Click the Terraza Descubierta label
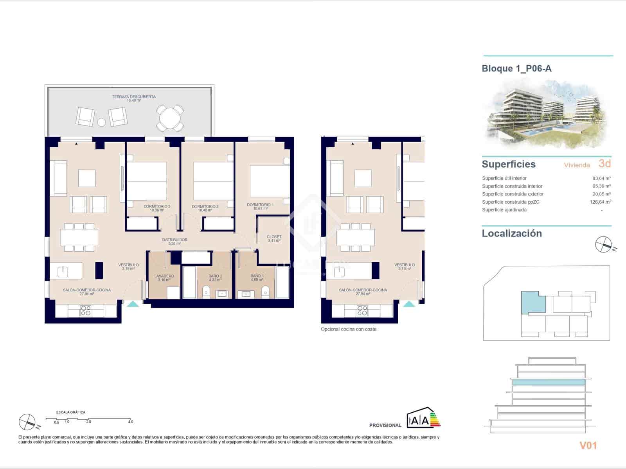(134, 97)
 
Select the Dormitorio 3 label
(157, 206)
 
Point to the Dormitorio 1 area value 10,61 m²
(260, 209)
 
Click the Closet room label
(274, 237)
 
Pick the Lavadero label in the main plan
(164, 276)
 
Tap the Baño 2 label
(215, 276)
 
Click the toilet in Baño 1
(265, 291)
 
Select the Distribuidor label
(174, 240)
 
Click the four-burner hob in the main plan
(86, 311)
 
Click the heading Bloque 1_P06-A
(516, 68)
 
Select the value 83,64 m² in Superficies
(601, 178)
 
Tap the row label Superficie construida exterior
(513, 194)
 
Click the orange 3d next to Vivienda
(604, 163)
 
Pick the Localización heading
(512, 233)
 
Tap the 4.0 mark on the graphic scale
(130, 422)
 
